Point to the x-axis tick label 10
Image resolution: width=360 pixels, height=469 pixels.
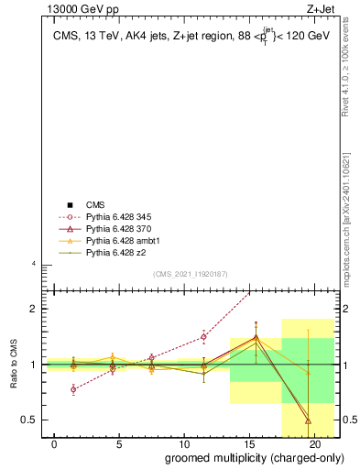(184, 444)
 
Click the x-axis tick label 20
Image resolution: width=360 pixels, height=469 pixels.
(314, 444)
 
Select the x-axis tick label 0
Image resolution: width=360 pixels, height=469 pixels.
(55, 444)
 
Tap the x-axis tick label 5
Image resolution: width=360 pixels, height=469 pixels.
(119, 444)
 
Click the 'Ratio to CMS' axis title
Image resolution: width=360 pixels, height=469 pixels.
(13, 365)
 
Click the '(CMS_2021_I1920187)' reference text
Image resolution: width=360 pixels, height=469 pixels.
(191, 274)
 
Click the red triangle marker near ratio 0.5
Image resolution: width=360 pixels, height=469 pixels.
(308, 420)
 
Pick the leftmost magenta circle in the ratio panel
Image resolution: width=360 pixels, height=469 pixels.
(73, 389)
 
